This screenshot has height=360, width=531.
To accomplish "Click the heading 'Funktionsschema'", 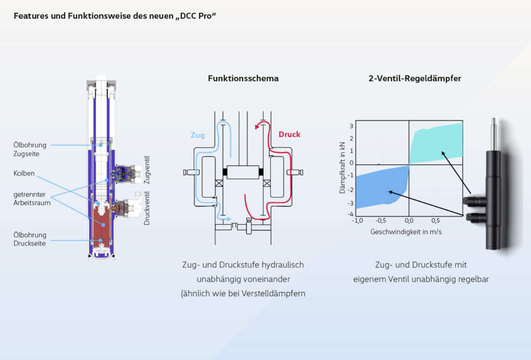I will tap(243, 79).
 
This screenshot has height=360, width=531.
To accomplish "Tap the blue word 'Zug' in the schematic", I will tap(198, 135).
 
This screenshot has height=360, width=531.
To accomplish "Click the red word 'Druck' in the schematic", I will tap(289, 134).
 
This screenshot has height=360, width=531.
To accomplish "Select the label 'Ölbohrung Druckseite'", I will tap(30, 239).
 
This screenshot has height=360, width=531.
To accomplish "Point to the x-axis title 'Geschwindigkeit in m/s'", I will tap(406, 231).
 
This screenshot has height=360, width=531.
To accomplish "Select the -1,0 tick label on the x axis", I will tap(357, 220).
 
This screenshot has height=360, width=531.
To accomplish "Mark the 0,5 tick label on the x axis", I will tap(435, 220).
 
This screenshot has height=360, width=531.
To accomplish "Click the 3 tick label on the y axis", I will tap(351, 126).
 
